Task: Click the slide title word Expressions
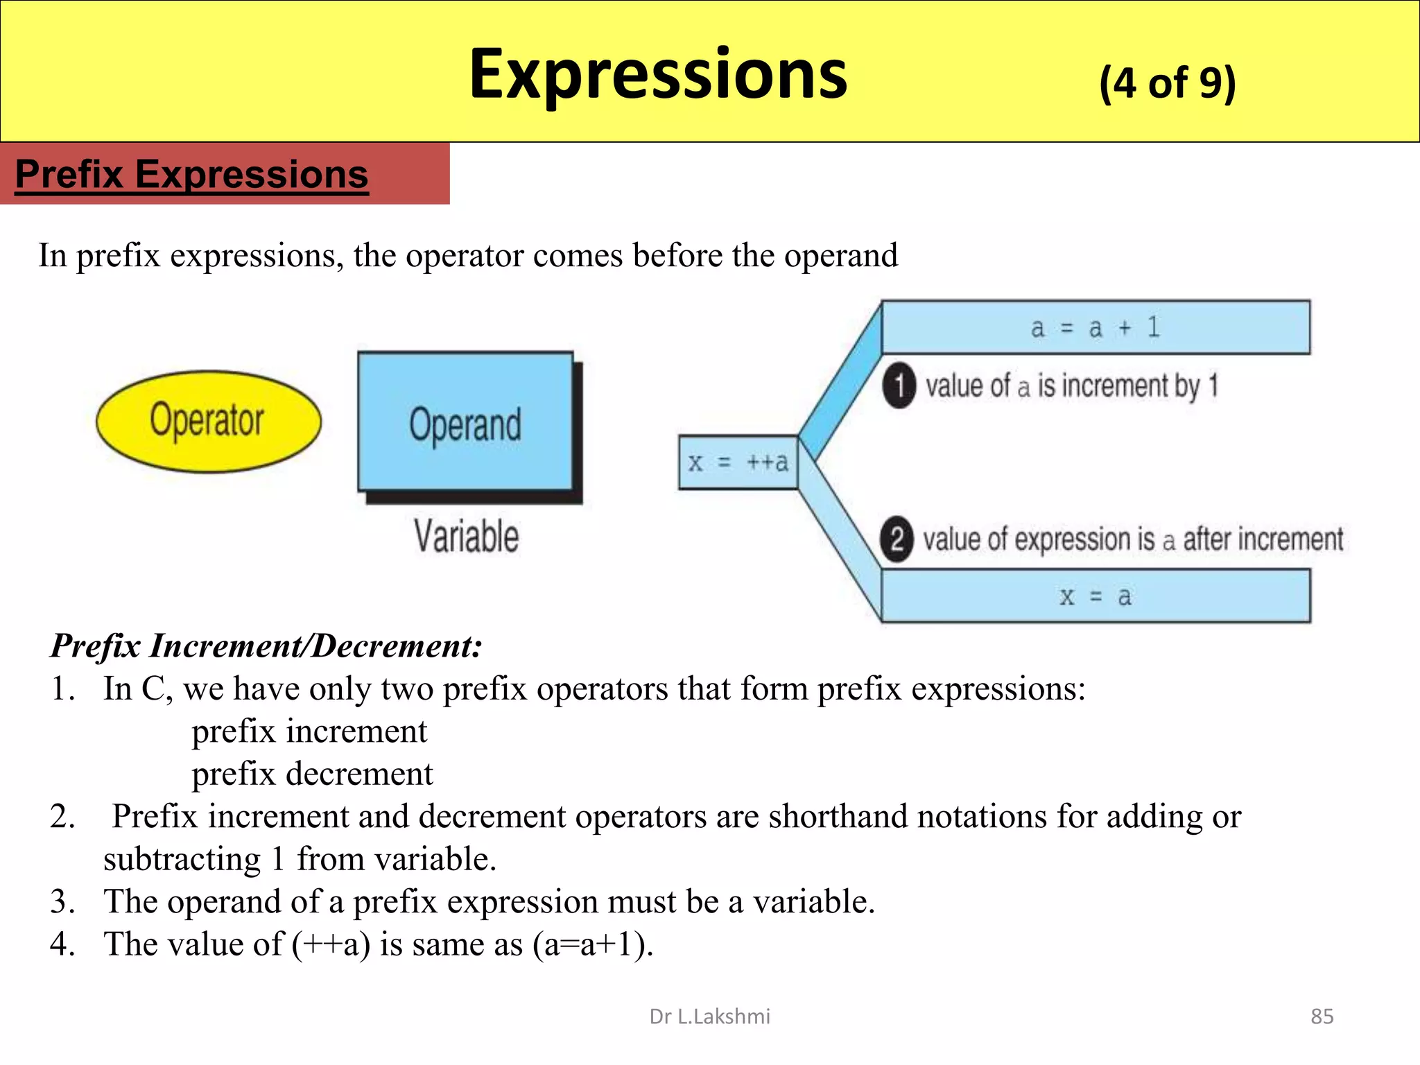click(x=657, y=75)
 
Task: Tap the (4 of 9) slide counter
click(x=1167, y=83)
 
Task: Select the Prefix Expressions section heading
click(x=191, y=174)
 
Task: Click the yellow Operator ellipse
click(x=209, y=421)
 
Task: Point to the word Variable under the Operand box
click(x=466, y=537)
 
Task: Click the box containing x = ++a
click(x=738, y=462)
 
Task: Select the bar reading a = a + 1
click(x=1096, y=327)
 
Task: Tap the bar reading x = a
click(x=1096, y=596)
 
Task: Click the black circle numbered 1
click(x=899, y=386)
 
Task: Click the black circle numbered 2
click(x=897, y=539)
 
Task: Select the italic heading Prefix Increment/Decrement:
click(x=266, y=646)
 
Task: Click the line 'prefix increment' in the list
click(x=309, y=731)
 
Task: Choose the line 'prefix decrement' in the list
click(x=312, y=774)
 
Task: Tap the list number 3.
click(x=62, y=902)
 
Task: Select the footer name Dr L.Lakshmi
click(x=709, y=1016)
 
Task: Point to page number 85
click(x=1322, y=1016)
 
